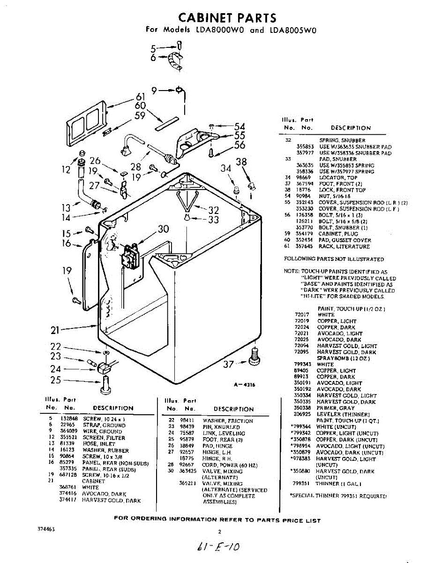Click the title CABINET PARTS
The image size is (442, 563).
click(x=227, y=18)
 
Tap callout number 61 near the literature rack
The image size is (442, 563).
click(x=141, y=97)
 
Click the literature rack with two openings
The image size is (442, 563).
click(x=86, y=117)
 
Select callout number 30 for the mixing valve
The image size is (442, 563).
click(x=163, y=229)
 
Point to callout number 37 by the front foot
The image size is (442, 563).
click(x=228, y=364)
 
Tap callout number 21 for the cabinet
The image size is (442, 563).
click(x=55, y=330)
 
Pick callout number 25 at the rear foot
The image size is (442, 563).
click(x=56, y=380)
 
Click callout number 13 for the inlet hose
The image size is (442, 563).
click(x=66, y=206)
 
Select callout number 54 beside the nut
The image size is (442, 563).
click(x=240, y=126)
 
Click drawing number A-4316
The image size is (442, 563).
click(x=245, y=385)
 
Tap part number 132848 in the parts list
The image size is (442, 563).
click(x=67, y=418)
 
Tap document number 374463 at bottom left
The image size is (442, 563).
click(x=46, y=529)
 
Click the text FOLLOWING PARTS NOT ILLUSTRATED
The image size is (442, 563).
click(x=334, y=259)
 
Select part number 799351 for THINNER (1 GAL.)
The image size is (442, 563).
click(x=302, y=483)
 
